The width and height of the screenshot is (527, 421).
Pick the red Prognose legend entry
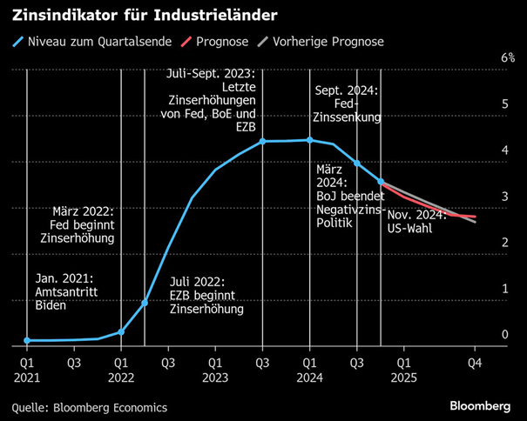[x=218, y=41]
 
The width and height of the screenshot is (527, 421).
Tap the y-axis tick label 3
[x=504, y=197]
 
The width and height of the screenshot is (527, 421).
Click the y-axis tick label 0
[x=504, y=335]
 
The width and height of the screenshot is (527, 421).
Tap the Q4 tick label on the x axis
[x=475, y=360]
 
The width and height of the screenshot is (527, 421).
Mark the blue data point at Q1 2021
[x=27, y=340]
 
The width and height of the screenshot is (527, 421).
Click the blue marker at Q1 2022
[x=121, y=331]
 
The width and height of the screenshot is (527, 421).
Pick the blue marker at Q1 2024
[x=310, y=140]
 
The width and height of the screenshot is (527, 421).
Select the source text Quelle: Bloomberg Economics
[x=89, y=406]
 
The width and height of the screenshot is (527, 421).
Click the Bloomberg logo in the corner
[x=479, y=405]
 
